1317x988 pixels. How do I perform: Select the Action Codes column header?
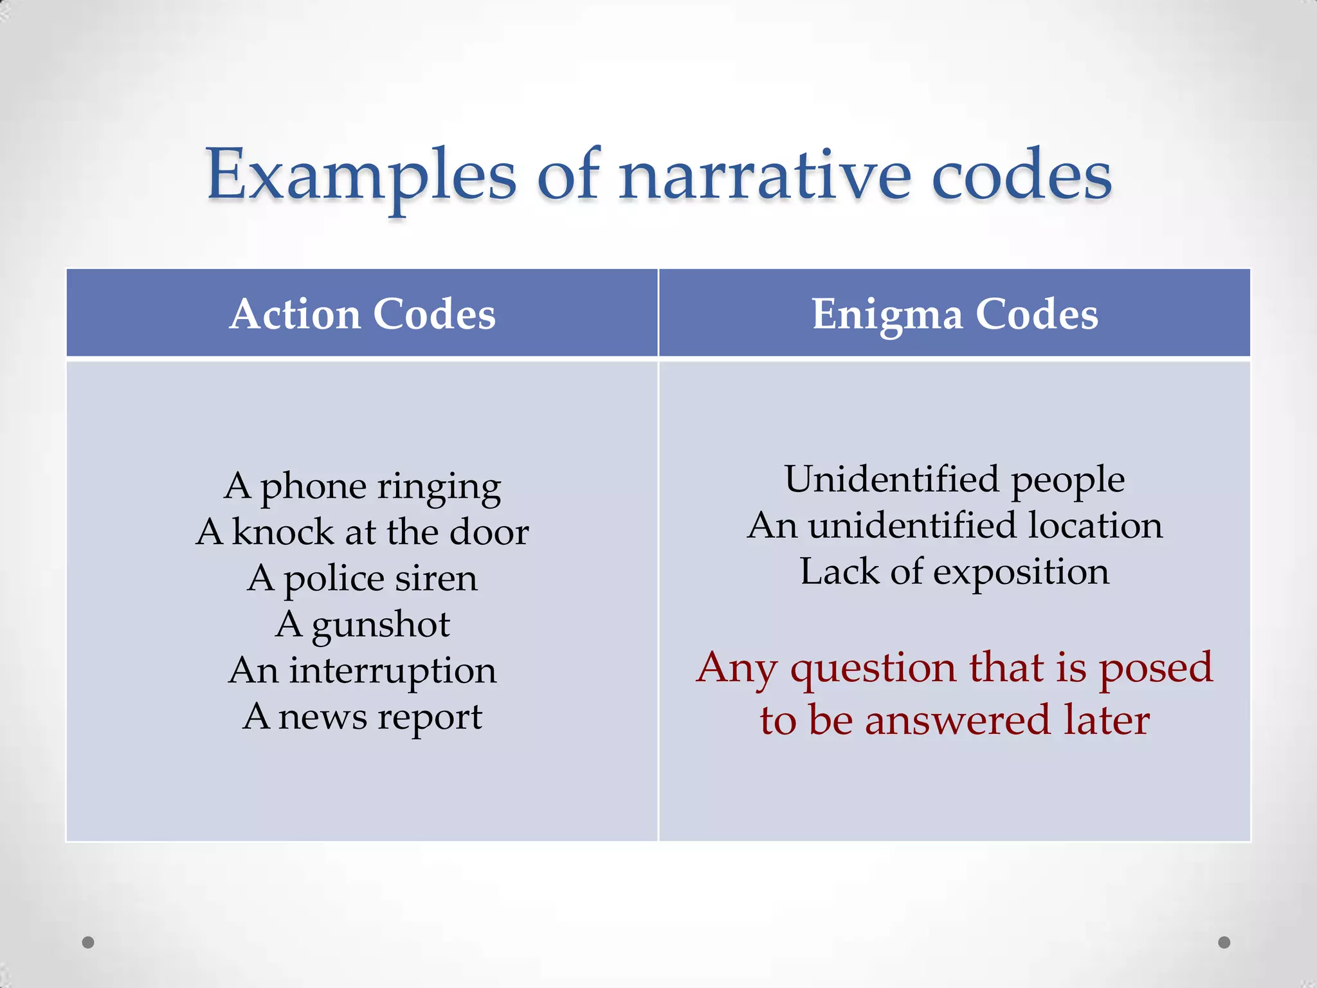(362, 314)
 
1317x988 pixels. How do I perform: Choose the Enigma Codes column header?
(955, 314)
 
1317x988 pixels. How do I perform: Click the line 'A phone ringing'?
(362, 487)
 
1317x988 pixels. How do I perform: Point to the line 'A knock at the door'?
(362, 533)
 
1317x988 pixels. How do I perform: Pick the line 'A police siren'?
(362, 579)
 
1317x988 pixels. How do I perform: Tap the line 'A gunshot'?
(362, 625)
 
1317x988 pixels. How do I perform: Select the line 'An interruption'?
(362, 671)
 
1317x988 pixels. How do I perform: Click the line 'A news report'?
(362, 717)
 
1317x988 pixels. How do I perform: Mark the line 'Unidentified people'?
(955, 480)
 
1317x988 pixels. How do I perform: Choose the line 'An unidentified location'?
(955, 526)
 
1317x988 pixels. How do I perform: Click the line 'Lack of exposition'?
(955, 572)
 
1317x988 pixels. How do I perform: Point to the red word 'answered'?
(958, 720)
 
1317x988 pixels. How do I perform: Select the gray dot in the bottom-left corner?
(88, 942)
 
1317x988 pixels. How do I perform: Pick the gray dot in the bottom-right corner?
(1224, 942)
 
